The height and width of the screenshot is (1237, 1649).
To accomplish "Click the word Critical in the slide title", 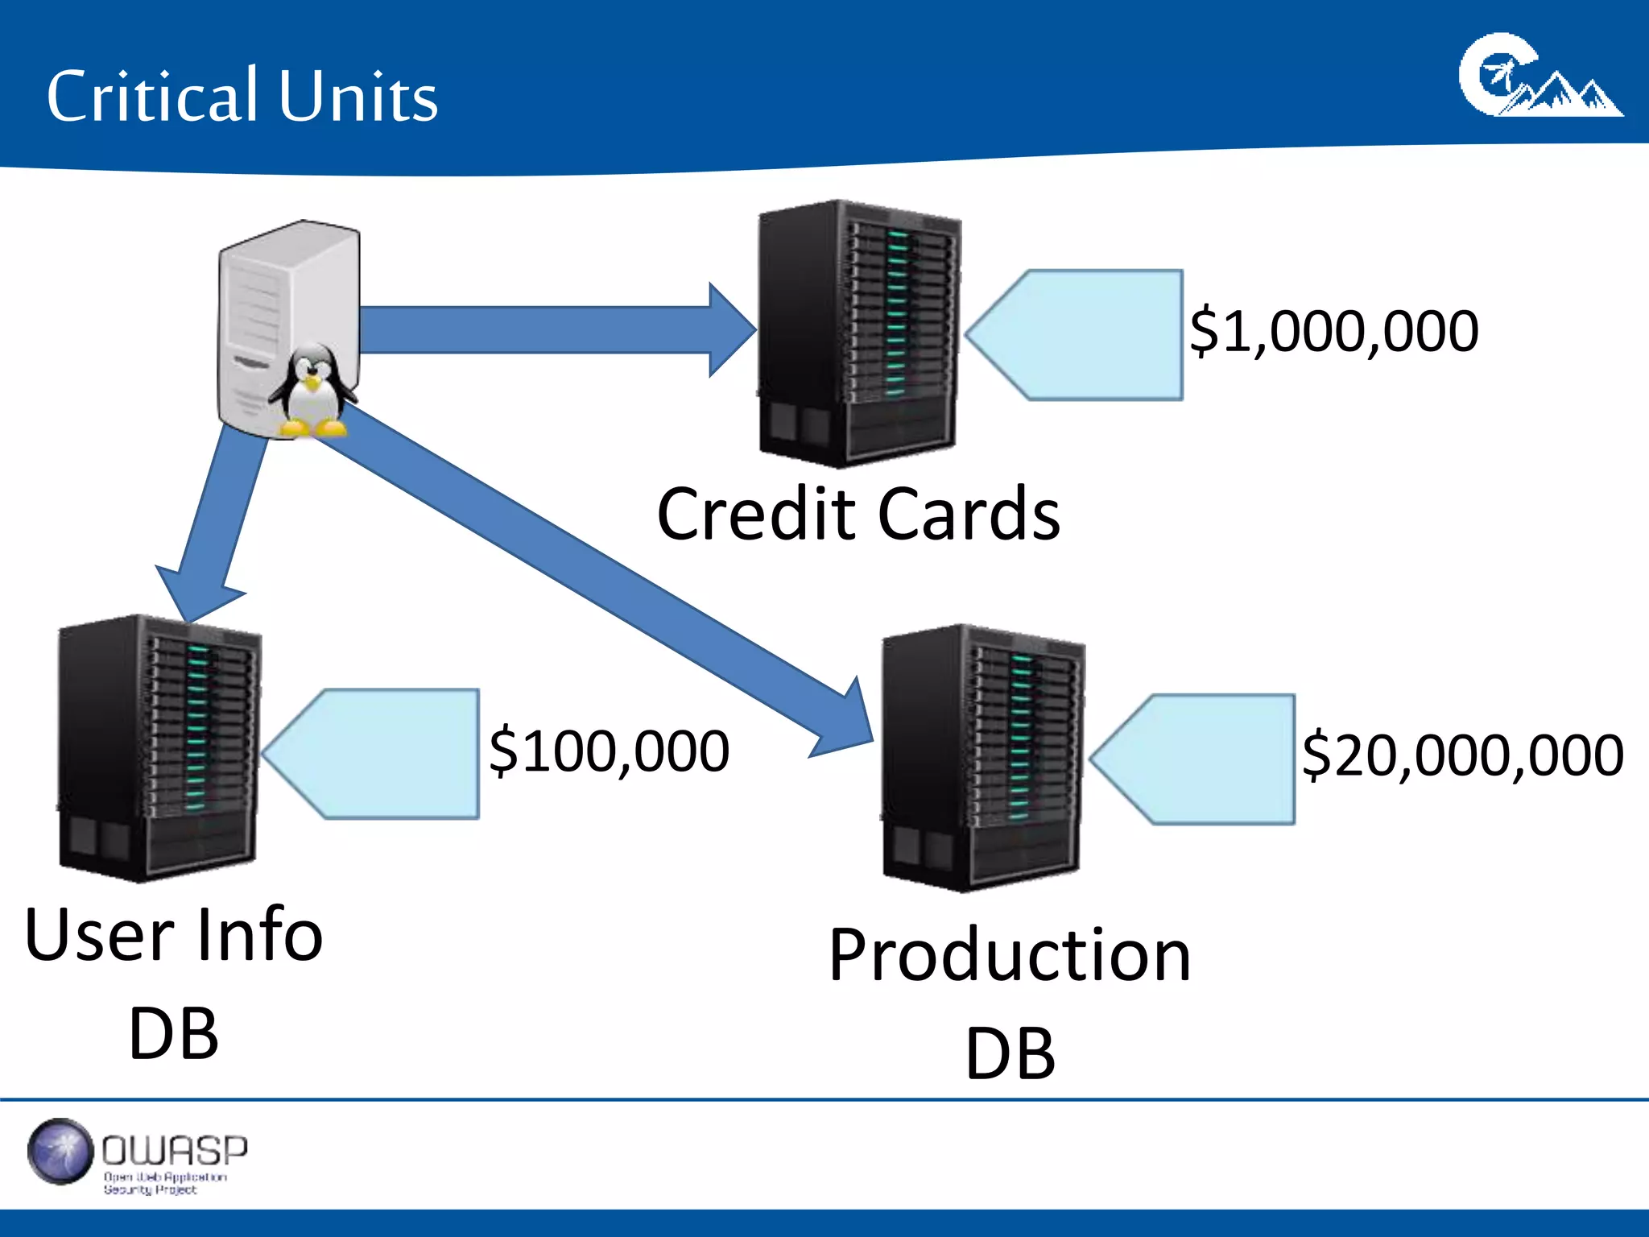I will pyautogui.click(x=151, y=97).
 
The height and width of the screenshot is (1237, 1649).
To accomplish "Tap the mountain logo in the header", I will pyautogui.click(x=1539, y=77).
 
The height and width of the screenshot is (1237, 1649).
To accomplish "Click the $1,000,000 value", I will pyautogui.click(x=1333, y=331).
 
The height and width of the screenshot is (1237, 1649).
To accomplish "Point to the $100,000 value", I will pyautogui.click(x=609, y=751).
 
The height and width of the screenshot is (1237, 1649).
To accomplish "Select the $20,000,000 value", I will pyautogui.click(x=1461, y=755).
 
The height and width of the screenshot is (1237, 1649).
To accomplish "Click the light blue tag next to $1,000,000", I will pyautogui.click(x=1087, y=335).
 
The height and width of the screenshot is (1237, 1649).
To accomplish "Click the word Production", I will pyautogui.click(x=1010, y=955).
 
